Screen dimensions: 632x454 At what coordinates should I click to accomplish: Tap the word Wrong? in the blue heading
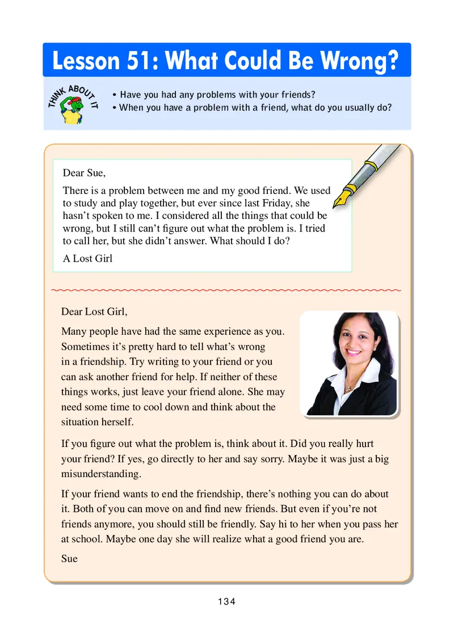tap(361, 61)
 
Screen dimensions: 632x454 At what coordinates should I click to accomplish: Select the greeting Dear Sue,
tap(84, 173)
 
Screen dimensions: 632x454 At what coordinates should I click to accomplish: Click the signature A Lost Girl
tap(87, 259)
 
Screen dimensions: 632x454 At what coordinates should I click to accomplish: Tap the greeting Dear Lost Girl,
tap(95, 311)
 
